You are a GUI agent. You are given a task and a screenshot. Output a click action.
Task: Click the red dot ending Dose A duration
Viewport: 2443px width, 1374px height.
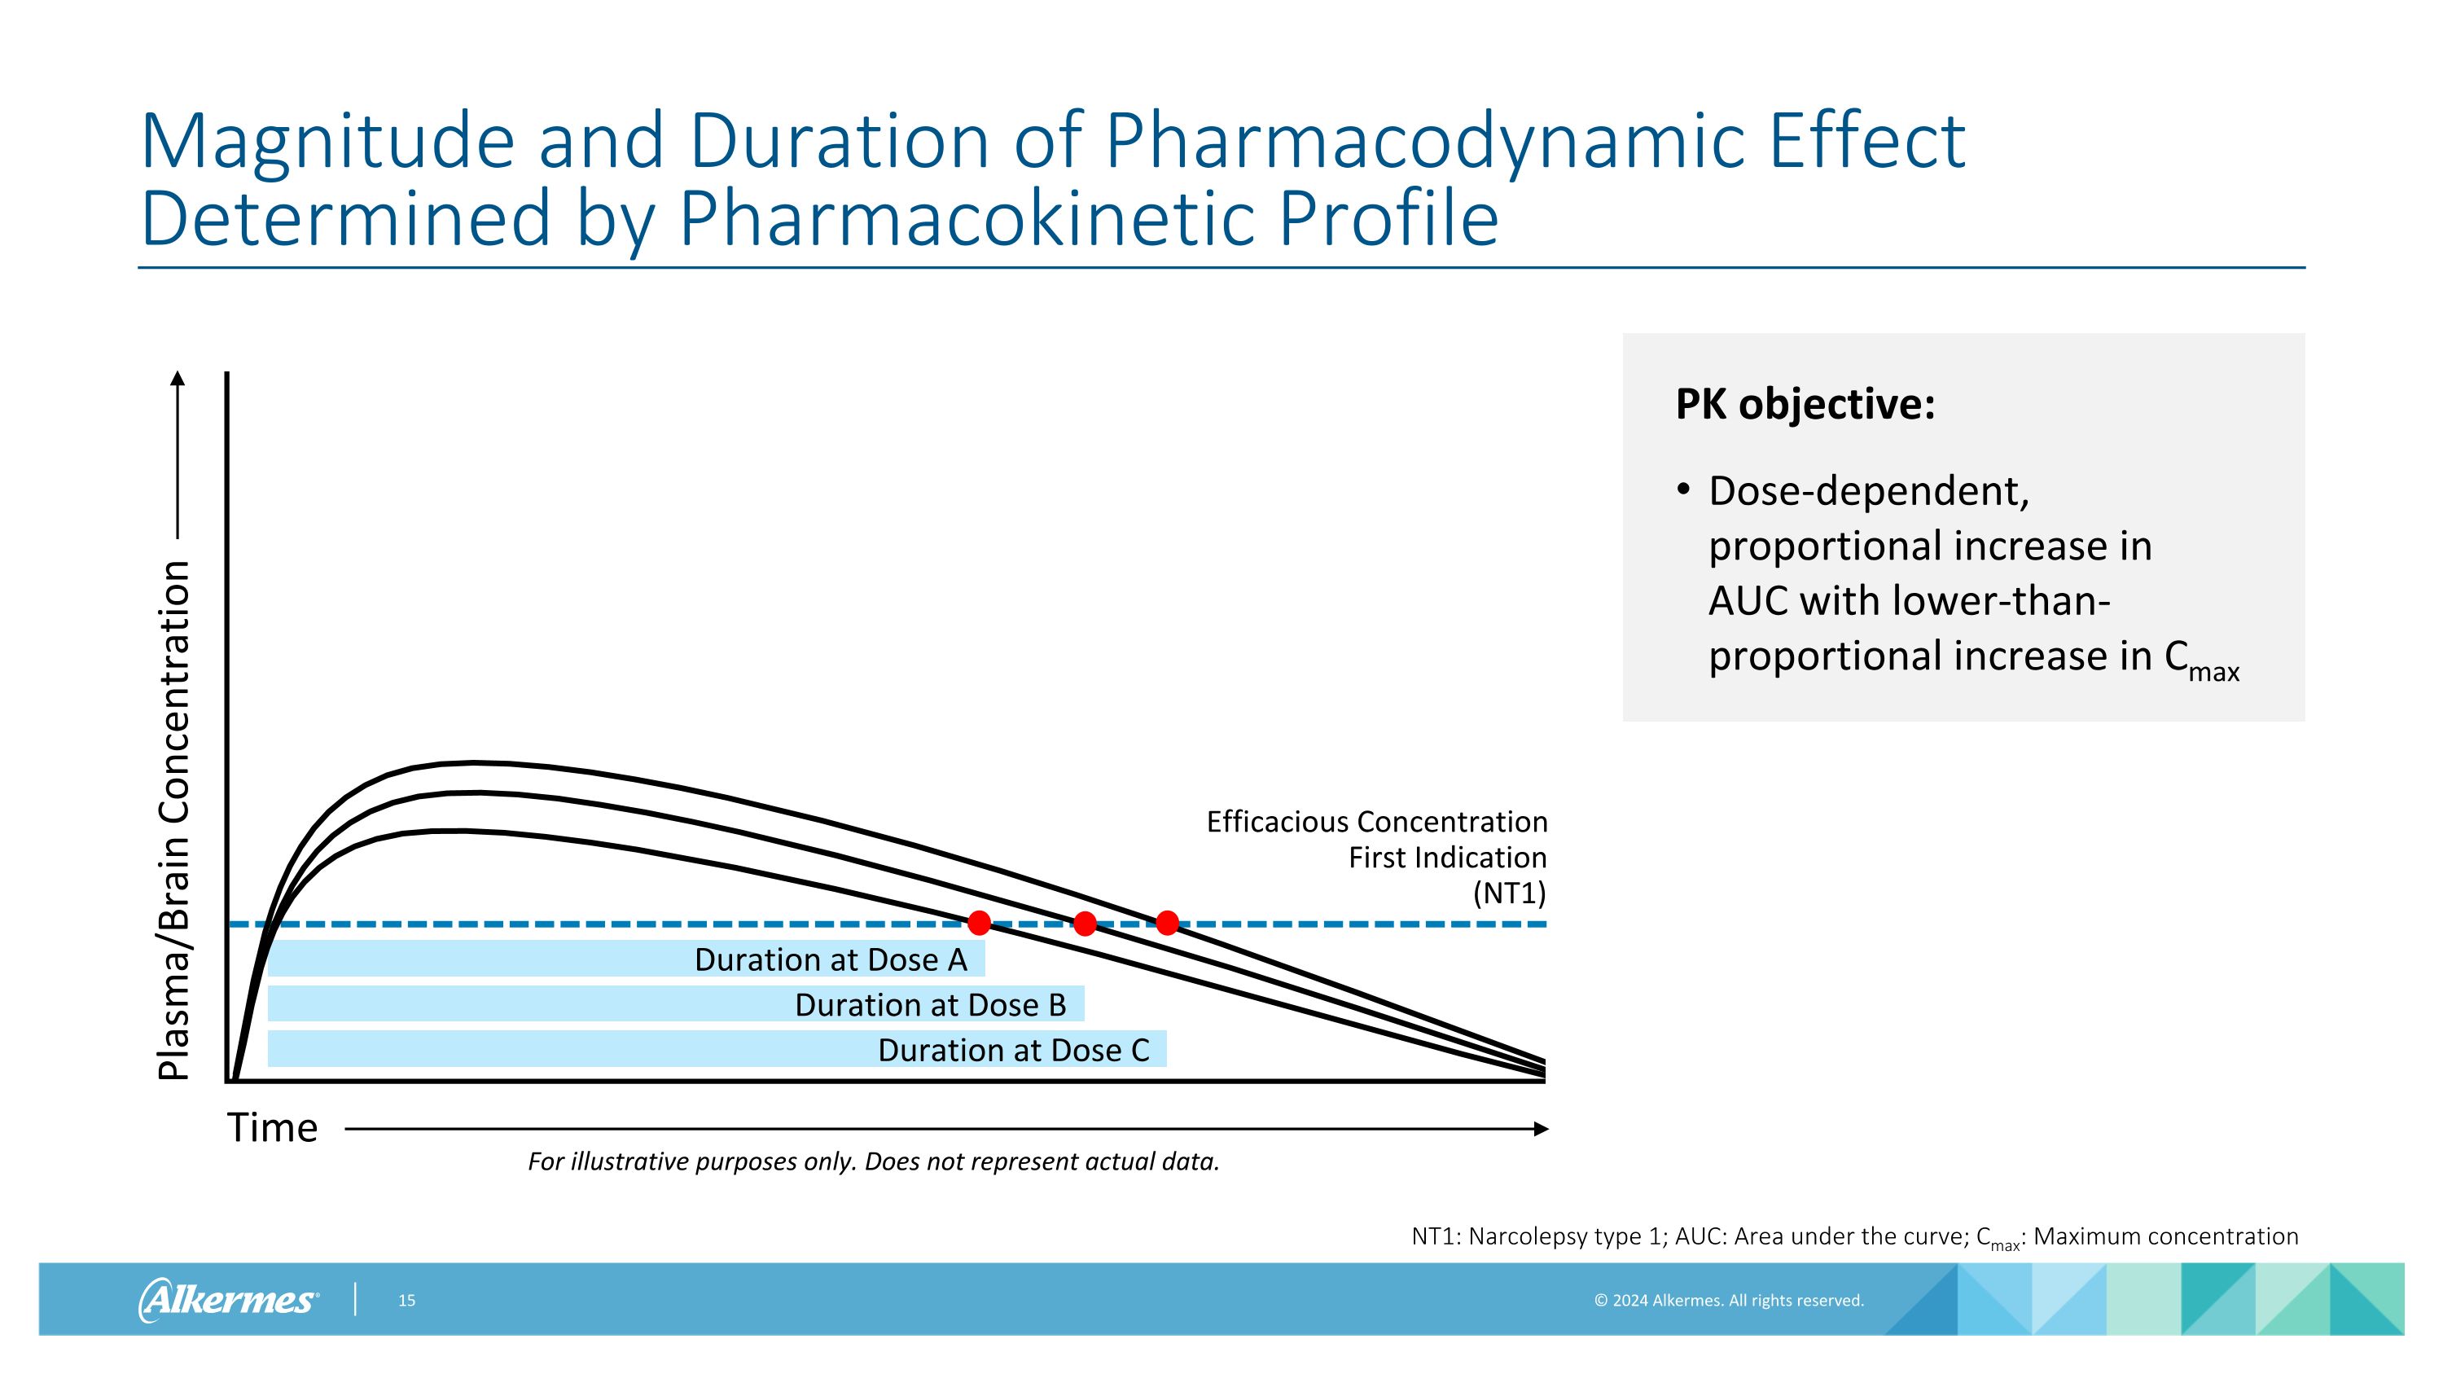point(980,922)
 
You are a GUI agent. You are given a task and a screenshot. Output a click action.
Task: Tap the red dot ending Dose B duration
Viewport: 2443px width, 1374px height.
point(1085,923)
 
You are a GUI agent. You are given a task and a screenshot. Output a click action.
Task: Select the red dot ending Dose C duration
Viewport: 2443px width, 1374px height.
point(1168,922)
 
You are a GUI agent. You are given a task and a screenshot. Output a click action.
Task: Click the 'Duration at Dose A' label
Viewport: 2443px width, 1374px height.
point(830,959)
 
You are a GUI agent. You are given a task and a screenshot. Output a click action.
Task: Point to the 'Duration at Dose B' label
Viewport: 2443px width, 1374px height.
point(929,1005)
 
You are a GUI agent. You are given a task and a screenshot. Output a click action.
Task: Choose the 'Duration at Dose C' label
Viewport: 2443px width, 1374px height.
point(1013,1051)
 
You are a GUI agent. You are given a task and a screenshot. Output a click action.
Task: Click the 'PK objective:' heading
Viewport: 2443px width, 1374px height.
point(1804,405)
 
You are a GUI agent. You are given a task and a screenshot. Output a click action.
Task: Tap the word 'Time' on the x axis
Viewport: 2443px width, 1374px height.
point(272,1128)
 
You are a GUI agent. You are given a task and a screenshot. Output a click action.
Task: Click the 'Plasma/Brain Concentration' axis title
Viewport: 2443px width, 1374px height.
point(174,819)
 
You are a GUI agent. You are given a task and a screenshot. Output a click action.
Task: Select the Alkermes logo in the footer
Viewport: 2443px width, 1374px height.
point(228,1299)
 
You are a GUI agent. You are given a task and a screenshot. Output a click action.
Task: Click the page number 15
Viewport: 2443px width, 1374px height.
point(407,1300)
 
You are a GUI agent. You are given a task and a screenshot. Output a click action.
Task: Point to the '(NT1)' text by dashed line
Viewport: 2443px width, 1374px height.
point(1509,893)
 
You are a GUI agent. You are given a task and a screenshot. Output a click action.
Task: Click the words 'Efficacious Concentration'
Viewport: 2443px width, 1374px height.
point(1376,822)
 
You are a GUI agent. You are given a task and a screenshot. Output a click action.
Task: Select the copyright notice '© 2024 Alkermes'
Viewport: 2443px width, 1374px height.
point(1728,1300)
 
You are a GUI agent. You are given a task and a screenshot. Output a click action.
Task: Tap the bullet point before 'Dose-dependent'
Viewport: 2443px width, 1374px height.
point(1683,489)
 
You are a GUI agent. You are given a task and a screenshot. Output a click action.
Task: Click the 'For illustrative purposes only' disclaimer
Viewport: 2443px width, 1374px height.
point(872,1161)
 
